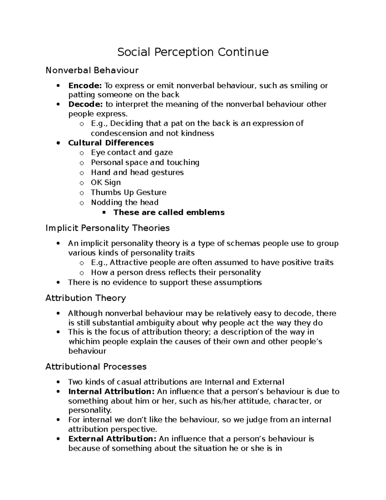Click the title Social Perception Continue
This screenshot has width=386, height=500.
click(x=193, y=52)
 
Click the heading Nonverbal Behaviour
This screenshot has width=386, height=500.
click(x=92, y=70)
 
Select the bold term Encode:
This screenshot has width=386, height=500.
click(x=85, y=86)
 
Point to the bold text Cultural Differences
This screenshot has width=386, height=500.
click(x=111, y=143)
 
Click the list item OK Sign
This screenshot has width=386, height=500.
click(x=106, y=182)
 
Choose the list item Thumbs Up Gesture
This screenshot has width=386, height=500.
click(x=129, y=192)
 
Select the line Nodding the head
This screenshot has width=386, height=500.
click(x=125, y=202)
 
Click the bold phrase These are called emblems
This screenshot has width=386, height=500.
click(x=169, y=212)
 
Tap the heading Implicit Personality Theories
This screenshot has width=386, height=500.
click(x=107, y=228)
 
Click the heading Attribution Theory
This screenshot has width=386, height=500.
click(x=86, y=298)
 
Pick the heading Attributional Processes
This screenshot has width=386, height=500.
click(x=96, y=366)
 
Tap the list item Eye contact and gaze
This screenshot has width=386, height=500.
click(x=132, y=152)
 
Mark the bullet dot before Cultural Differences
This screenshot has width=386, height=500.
click(x=58, y=143)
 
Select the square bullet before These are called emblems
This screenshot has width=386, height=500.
click(x=104, y=212)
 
